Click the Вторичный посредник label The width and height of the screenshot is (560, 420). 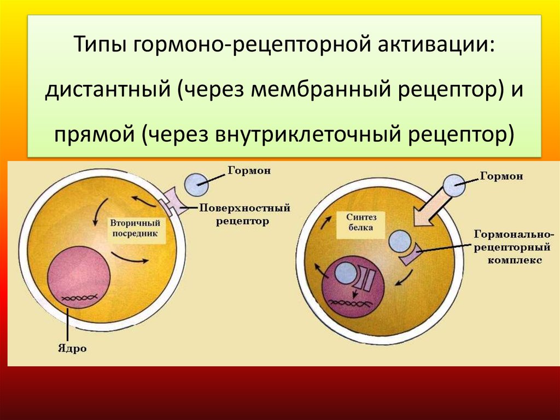135,228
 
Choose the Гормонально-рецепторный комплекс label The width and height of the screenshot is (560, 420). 514,247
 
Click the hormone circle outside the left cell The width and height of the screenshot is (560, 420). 196,184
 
